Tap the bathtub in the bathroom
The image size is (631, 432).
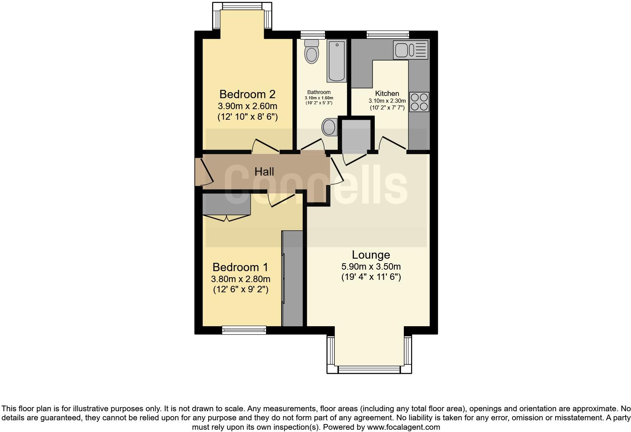pos(336,61)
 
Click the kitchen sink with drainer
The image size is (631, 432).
pos(411,50)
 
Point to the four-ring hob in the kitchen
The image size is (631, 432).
pos(419,102)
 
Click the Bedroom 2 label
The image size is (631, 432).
pos(247,94)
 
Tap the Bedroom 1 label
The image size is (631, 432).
pos(240,267)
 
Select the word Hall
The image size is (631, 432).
pos(264,172)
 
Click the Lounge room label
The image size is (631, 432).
pos(371,255)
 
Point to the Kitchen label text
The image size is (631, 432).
pos(387,93)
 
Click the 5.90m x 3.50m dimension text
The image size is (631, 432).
pos(371,267)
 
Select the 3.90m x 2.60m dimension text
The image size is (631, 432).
pos(247,106)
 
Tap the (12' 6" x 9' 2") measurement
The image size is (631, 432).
pos(240,290)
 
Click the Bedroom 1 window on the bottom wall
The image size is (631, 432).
pos(244,330)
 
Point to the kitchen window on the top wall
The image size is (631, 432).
pos(388,34)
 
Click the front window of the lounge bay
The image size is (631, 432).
pos(369,369)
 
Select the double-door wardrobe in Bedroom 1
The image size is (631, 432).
pos(226,205)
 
